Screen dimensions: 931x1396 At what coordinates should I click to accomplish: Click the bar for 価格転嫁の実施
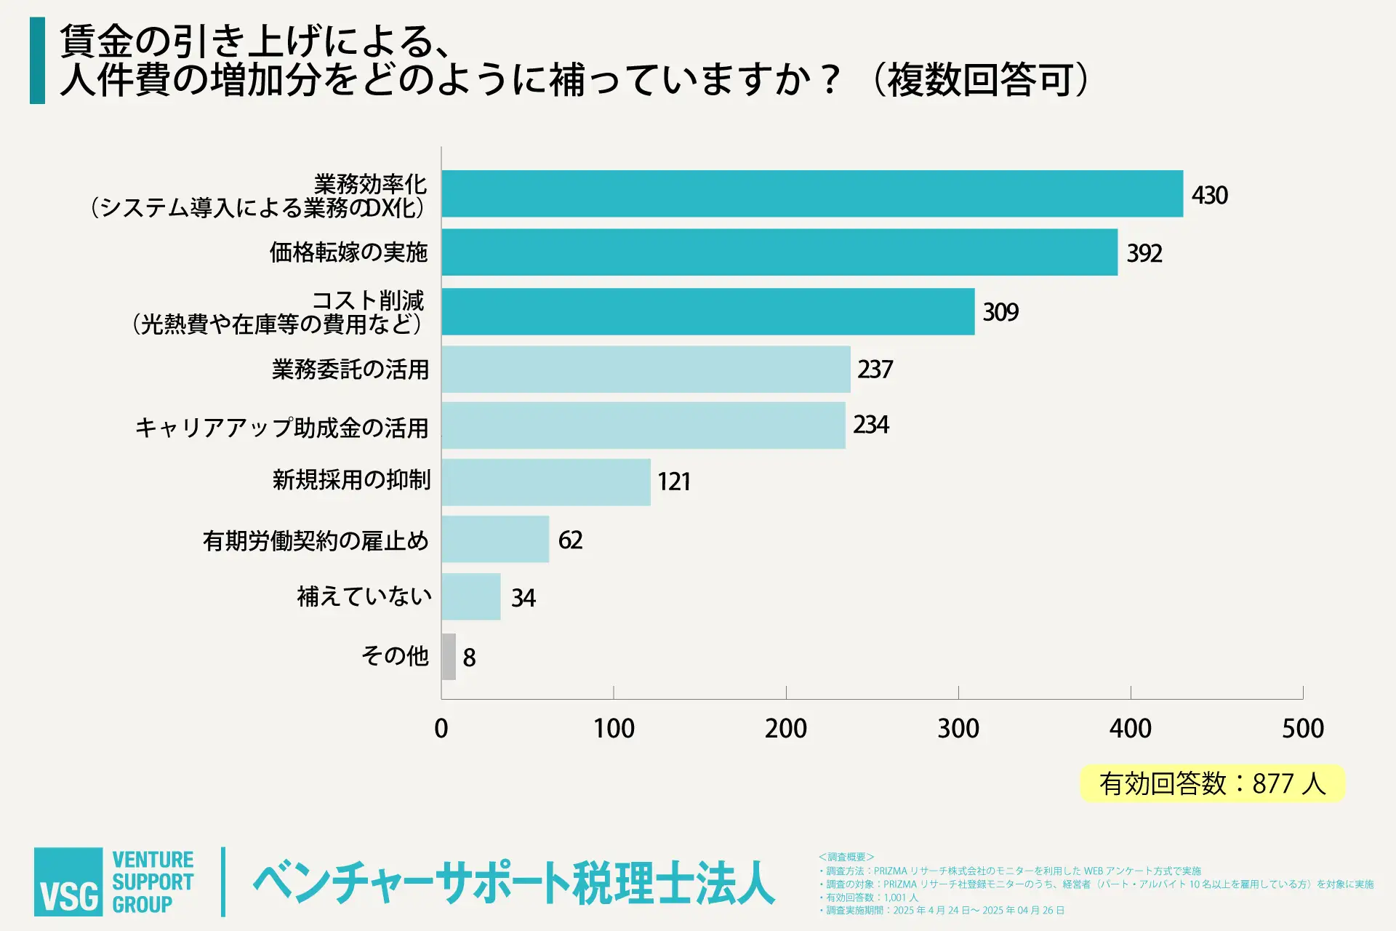click(779, 252)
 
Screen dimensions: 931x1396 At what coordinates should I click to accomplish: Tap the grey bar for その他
click(449, 657)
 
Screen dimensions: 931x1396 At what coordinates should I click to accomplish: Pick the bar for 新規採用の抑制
click(546, 482)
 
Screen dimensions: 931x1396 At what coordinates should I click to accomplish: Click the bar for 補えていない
click(471, 596)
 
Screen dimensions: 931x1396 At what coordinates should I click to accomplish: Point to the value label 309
click(1000, 312)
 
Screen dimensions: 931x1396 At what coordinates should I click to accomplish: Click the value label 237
click(875, 369)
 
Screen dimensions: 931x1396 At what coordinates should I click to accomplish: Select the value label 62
click(570, 540)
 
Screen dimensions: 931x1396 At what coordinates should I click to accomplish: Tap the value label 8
click(469, 658)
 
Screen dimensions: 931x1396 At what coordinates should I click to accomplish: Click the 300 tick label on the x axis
click(958, 728)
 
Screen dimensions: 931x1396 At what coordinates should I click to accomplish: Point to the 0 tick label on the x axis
click(441, 728)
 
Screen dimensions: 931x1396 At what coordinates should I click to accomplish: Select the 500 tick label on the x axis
click(1302, 728)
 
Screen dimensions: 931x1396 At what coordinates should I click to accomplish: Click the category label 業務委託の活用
click(350, 369)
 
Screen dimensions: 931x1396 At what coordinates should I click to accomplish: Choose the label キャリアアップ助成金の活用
click(282, 428)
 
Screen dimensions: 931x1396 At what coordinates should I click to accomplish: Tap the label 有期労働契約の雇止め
click(316, 540)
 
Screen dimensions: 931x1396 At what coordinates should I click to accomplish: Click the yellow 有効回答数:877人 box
click(1212, 783)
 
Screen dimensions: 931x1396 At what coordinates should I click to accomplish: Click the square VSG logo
click(68, 882)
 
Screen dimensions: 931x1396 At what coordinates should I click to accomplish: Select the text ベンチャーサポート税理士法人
click(513, 884)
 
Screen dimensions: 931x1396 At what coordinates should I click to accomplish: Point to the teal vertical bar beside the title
click(37, 60)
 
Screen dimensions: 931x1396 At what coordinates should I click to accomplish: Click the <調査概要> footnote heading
click(846, 857)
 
